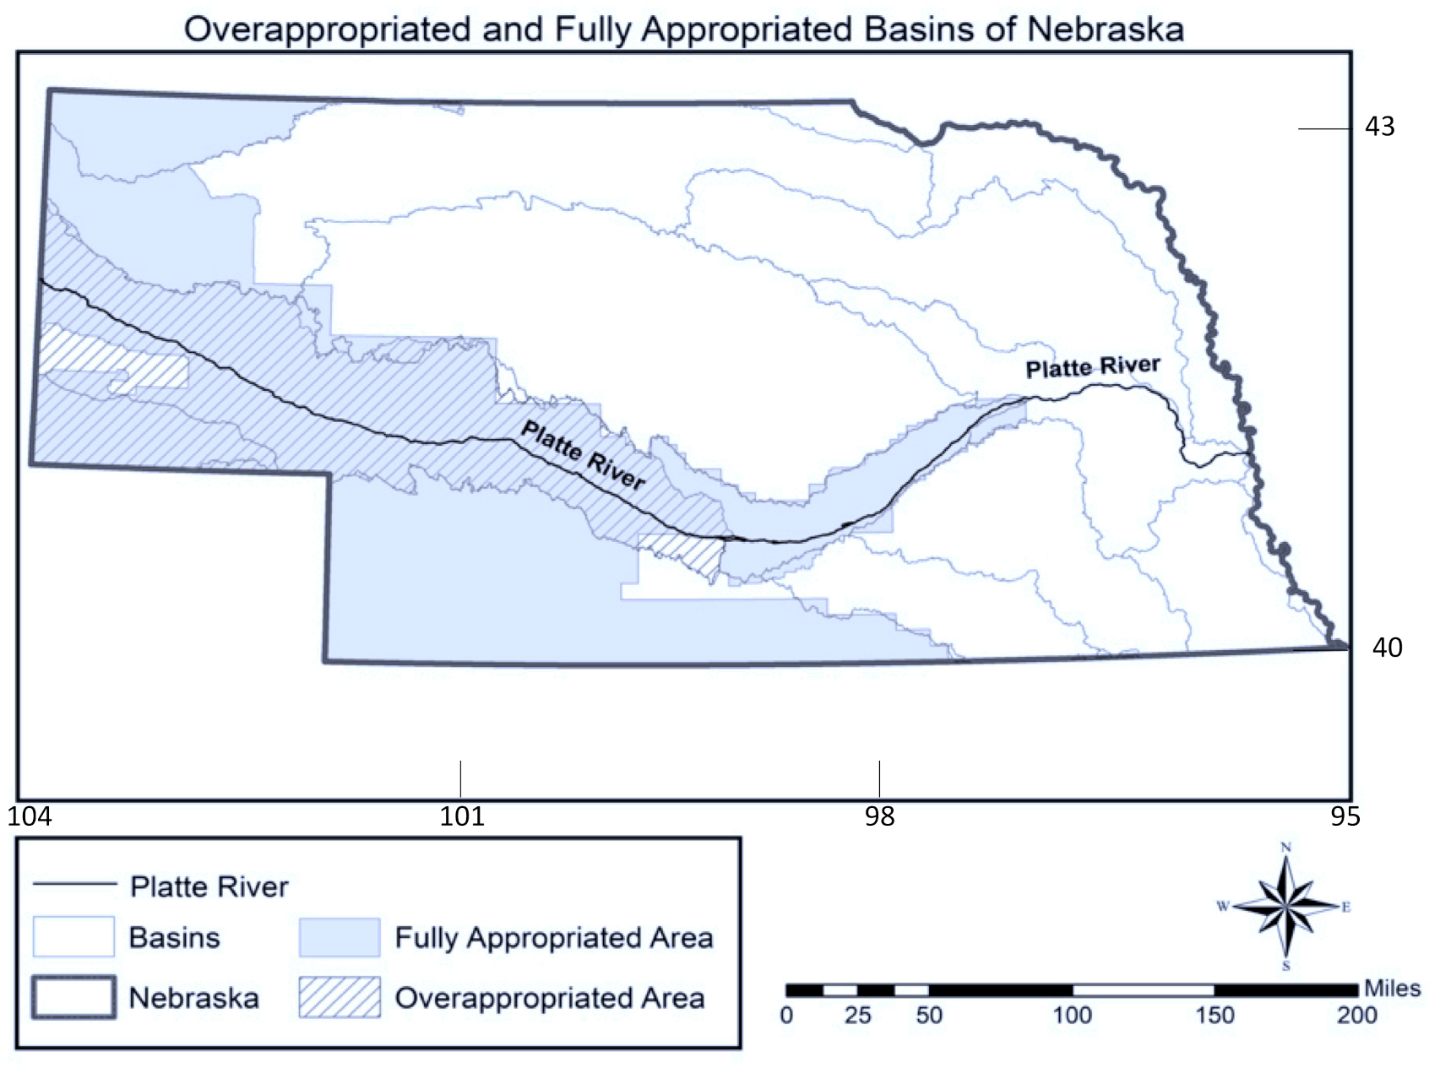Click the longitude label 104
coord(30,816)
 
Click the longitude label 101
coord(462,816)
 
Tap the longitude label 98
coord(879,816)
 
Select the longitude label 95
coord(1346,816)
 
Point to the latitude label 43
coord(1380,127)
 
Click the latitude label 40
coord(1387,648)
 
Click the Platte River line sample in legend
coord(74,884)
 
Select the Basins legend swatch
coord(73,937)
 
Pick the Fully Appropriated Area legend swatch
coord(339,937)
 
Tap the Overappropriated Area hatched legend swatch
coord(339,997)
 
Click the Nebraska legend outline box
coord(73,997)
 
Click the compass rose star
coord(1285,907)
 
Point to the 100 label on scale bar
coord(1072,1015)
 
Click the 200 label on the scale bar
coord(1356,1015)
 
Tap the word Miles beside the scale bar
coord(1392,989)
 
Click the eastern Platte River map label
coord(1093,367)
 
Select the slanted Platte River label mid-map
coord(583,456)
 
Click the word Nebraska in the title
coord(1105,30)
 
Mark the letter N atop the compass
coord(1285,848)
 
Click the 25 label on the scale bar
coord(857,1015)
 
